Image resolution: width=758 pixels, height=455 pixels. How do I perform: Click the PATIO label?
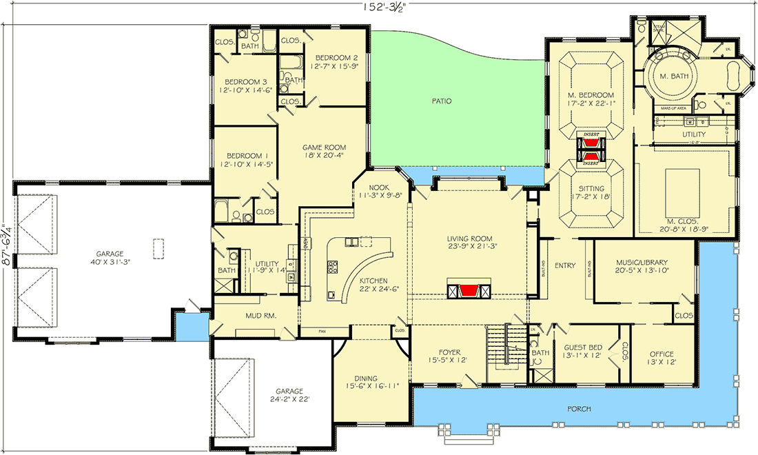(442, 101)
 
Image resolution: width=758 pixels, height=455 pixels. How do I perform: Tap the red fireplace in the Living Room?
(471, 290)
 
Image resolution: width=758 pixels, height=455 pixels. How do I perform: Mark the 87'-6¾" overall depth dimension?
(6, 245)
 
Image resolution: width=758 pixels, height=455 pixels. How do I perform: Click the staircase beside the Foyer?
(501, 344)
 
